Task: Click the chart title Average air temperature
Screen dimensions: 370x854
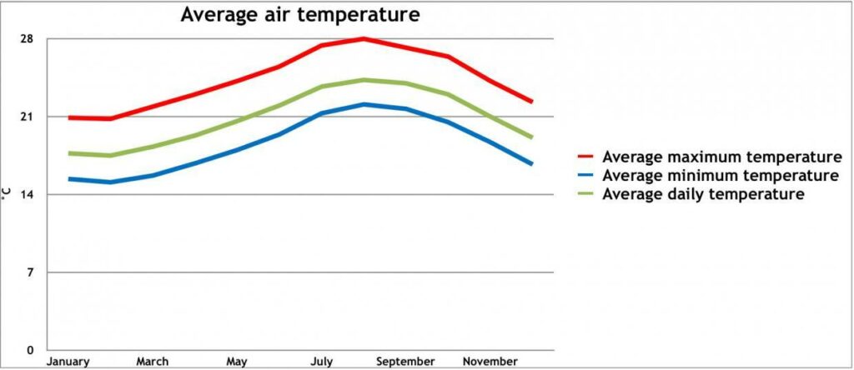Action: click(300, 15)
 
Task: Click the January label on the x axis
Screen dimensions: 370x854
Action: click(68, 362)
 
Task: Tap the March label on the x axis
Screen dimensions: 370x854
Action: click(152, 362)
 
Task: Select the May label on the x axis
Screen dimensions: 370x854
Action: click(237, 362)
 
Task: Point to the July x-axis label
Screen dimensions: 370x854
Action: click(322, 362)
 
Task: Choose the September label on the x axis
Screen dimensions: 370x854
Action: click(405, 362)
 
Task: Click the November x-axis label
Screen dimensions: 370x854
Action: click(490, 362)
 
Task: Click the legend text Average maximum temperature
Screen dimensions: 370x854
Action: click(721, 157)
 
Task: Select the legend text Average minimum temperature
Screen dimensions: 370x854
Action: click(720, 176)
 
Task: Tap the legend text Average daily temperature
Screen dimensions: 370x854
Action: click(703, 194)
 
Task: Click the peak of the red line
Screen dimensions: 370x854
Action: click(364, 38)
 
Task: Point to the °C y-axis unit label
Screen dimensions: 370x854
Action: click(6, 194)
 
